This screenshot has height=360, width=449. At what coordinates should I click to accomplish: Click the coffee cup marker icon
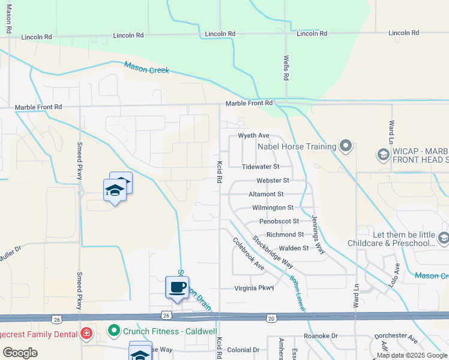pos(177,287)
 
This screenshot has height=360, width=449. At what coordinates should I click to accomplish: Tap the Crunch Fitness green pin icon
pos(113,330)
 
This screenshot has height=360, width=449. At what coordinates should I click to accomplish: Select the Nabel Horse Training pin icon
pos(345,146)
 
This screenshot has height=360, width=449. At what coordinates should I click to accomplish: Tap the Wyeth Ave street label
pos(254,136)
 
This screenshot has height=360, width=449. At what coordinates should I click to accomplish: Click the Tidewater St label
pos(261,167)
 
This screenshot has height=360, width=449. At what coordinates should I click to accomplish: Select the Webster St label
pos(273,180)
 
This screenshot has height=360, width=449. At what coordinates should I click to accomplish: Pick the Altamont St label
pos(266,194)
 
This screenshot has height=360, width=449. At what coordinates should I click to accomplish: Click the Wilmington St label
pos(273,208)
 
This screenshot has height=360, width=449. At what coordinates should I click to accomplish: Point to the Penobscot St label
pos(279,221)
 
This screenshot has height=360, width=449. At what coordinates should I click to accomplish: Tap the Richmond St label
pos(285,235)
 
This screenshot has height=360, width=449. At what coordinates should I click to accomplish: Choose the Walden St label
pos(294,248)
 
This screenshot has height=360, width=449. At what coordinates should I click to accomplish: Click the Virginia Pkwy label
pos(254,288)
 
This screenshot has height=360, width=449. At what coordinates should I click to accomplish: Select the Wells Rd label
pos(286,68)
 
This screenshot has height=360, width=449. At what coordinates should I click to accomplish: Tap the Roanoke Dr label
pos(321,337)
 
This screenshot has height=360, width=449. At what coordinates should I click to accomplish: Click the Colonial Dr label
pos(243,350)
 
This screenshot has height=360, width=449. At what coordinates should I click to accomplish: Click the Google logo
pos(20,352)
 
